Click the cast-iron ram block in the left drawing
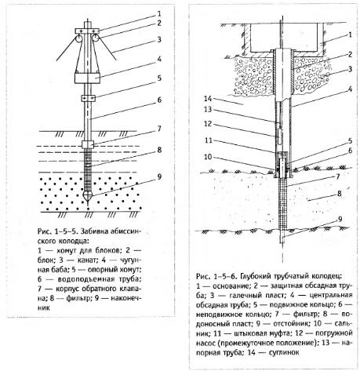pyautogui.click(x=88, y=78)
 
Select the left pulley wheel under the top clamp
pyautogui.click(x=78, y=38)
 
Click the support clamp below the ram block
pyautogui.click(x=88, y=98)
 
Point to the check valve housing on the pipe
pyautogui.click(x=88, y=144)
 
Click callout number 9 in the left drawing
pyautogui.click(x=159, y=176)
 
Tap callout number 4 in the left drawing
pyautogui.click(x=159, y=60)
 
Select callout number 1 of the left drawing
pyautogui.click(x=159, y=13)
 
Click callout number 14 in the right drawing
pyautogui.click(x=208, y=99)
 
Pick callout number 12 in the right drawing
pyautogui.click(x=208, y=124)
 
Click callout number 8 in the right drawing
pyautogui.click(x=340, y=194)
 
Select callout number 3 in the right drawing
pyautogui.click(x=350, y=69)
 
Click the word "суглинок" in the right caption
pyautogui.click(x=284, y=352)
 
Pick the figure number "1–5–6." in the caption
pyautogui.click(x=225, y=276)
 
